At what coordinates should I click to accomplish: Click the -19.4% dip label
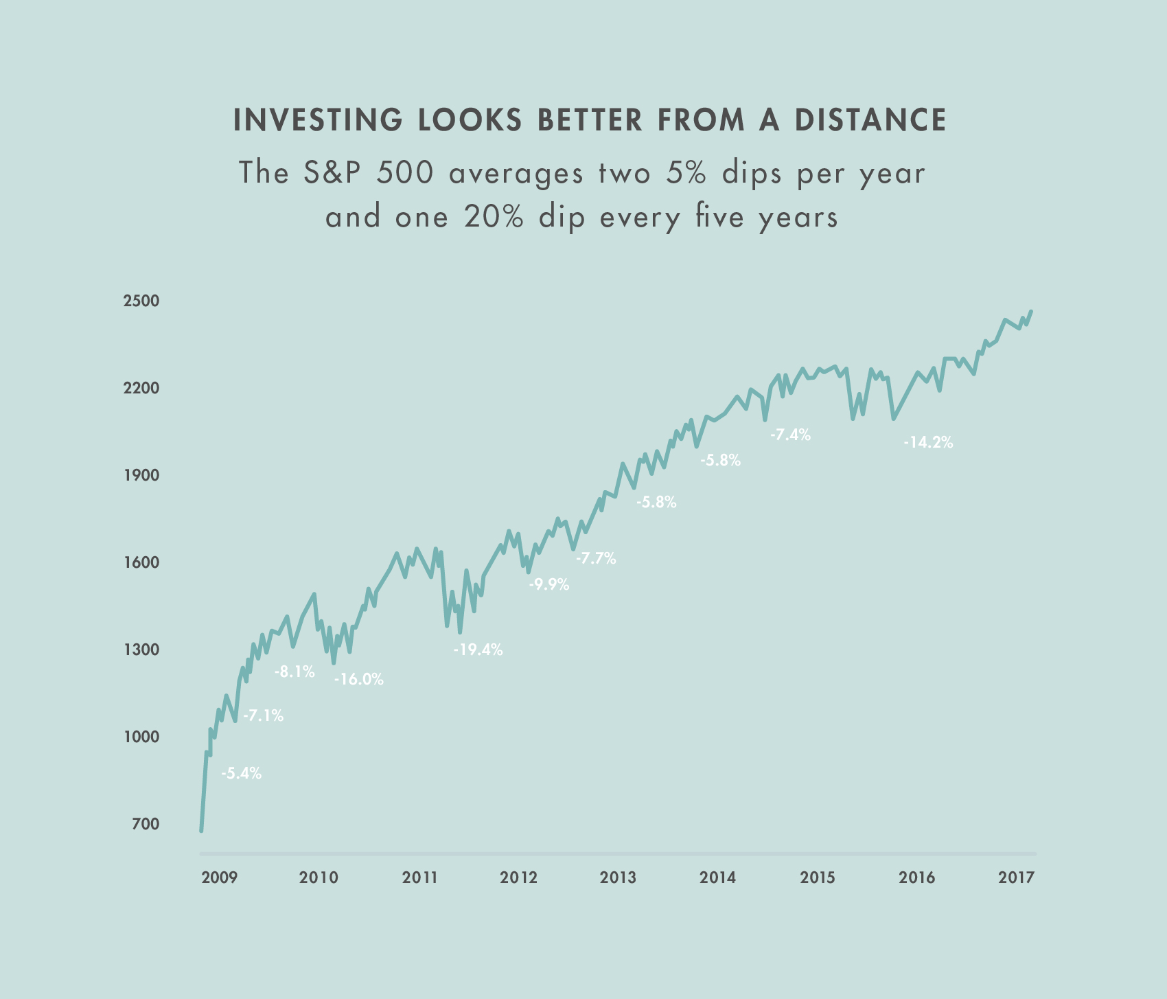[478, 650]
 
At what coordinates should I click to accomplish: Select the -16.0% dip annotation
[359, 680]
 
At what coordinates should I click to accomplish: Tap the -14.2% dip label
[928, 443]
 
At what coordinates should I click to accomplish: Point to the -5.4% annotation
[241, 774]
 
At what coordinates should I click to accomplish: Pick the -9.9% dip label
[548, 585]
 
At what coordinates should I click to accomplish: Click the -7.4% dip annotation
[790, 435]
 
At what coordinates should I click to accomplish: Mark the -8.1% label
[294, 672]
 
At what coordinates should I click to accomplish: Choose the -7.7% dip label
[596, 559]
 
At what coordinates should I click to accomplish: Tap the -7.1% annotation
[263, 716]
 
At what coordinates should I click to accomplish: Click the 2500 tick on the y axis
[141, 301]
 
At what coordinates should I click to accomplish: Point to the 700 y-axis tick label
[146, 824]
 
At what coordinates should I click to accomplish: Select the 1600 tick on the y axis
[141, 562]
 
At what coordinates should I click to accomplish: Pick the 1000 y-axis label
[141, 737]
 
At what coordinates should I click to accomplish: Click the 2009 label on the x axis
[220, 877]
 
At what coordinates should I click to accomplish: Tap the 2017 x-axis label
[1016, 877]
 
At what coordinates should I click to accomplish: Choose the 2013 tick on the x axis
[618, 877]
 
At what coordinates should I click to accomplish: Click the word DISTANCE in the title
[871, 120]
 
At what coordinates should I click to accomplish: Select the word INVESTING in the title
[318, 120]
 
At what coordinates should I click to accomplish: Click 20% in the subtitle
[494, 218]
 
